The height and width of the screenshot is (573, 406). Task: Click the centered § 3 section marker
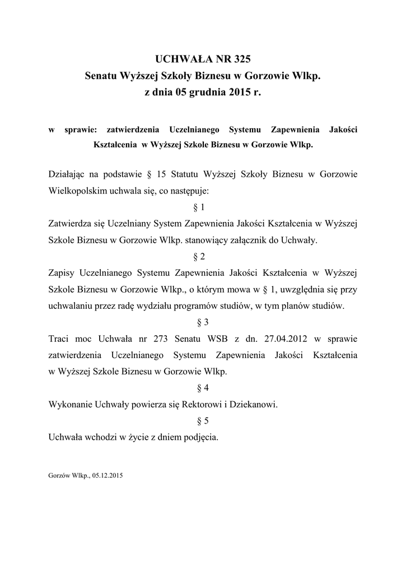coord(203,322)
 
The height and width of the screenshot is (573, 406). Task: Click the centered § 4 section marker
coord(203,388)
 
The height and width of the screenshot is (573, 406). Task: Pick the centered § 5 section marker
coord(203,421)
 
